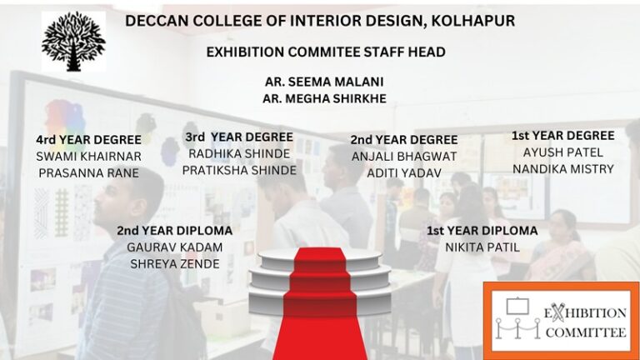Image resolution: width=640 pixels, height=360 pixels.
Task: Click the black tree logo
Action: coord(73,41)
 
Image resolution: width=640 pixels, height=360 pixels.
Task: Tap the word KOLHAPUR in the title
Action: coord(473,21)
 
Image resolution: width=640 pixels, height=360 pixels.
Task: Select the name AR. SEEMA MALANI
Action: coord(324,82)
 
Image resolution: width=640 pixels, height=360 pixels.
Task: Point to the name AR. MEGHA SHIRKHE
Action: coord(324,99)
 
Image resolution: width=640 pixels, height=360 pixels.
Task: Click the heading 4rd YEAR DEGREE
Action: coord(88,140)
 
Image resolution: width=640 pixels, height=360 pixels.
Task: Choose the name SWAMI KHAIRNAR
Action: coord(88,157)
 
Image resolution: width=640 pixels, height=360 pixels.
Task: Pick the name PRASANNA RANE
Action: coord(88,173)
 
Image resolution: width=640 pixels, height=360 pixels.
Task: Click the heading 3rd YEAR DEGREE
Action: coord(239,137)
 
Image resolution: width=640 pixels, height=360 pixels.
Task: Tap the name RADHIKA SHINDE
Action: coord(239,154)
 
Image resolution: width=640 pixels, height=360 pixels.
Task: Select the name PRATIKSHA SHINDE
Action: coord(239,171)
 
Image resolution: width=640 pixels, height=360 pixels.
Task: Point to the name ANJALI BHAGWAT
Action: coord(404,157)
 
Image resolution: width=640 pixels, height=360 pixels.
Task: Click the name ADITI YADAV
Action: coord(404,173)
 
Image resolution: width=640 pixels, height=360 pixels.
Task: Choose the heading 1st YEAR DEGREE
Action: coord(563,136)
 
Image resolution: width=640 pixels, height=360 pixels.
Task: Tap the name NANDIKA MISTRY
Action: coord(563,169)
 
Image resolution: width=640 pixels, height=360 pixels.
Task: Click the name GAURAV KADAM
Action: coord(175,247)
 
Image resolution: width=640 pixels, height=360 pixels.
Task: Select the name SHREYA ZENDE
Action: coord(175,264)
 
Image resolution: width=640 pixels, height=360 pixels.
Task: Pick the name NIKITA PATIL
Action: coord(482,247)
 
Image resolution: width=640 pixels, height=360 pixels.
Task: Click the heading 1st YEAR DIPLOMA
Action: coord(482,231)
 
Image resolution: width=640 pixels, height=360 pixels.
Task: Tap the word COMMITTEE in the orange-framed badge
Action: coord(586,332)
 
